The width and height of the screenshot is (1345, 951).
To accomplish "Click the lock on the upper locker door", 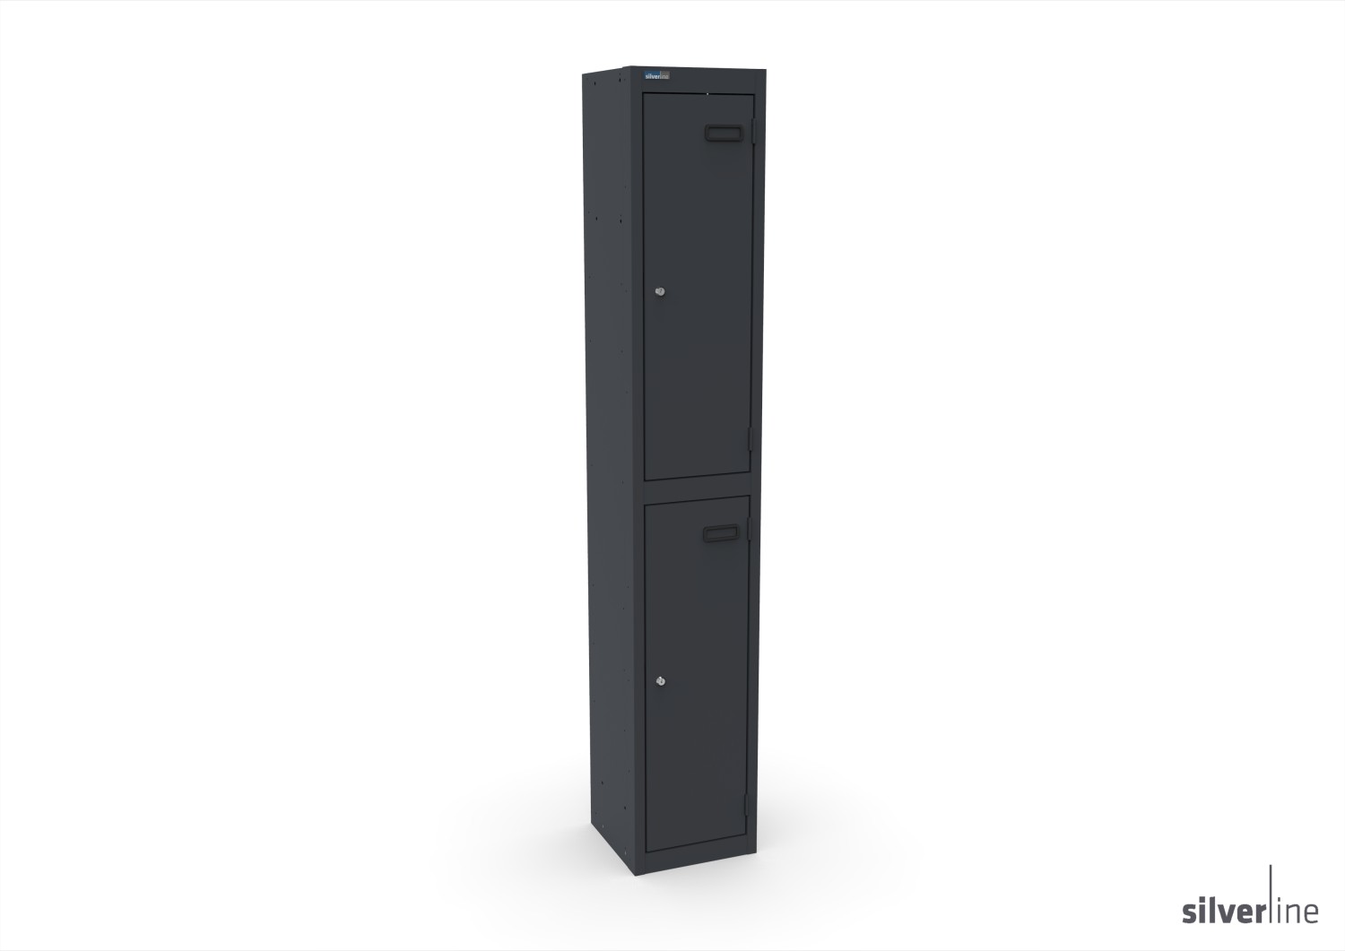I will pos(662,292).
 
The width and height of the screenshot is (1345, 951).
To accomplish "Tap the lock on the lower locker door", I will pos(662,683).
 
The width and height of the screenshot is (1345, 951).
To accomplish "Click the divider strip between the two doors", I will pos(696,487).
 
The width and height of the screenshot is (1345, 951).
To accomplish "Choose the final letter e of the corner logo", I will pos(1313,915).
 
